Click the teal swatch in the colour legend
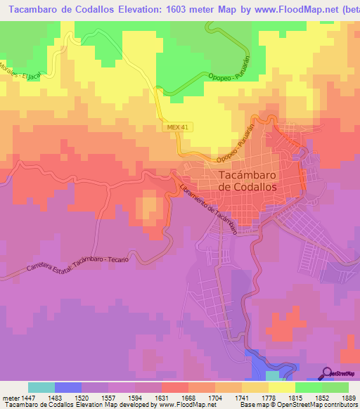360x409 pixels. click(x=41, y=387)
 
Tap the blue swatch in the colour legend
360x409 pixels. click(x=67, y=387)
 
